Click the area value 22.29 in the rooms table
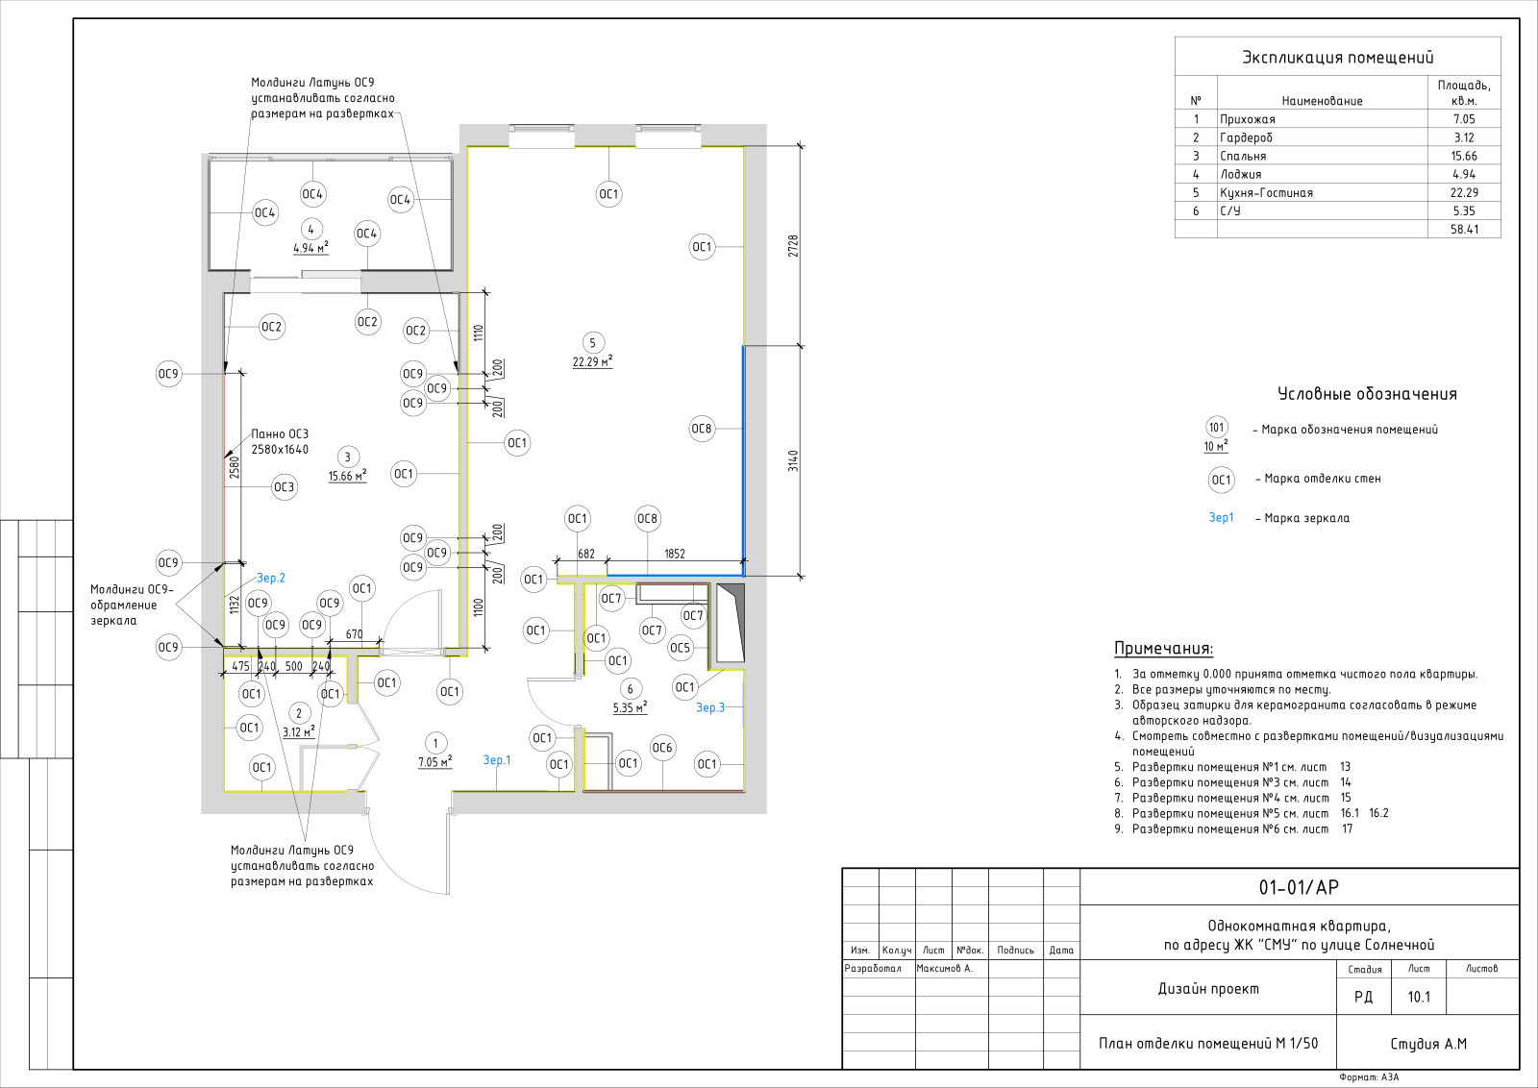1464,193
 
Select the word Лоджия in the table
1241,174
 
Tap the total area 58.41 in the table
1464,230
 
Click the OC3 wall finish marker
285,487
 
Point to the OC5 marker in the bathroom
680,647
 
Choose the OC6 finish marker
662,748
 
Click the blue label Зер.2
270,578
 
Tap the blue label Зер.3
710,707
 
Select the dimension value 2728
793,246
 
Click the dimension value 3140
793,460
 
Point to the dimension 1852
674,554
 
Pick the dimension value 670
355,634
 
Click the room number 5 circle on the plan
592,342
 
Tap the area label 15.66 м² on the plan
347,476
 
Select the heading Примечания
1163,649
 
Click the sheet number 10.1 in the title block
1419,997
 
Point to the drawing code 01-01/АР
1299,887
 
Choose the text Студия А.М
1428,1044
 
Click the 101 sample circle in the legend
1217,427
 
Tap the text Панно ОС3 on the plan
280,433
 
